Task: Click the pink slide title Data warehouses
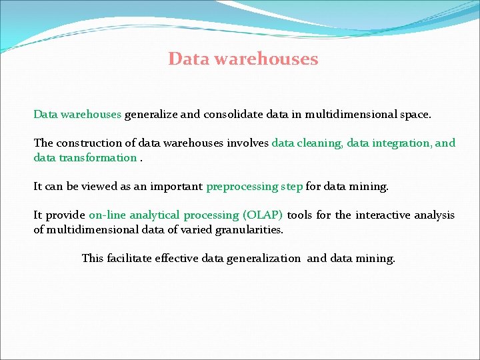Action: pos(243,59)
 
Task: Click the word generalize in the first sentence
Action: pos(151,114)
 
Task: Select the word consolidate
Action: pos(235,114)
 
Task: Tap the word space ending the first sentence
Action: pos(415,114)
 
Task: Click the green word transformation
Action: pos(98,157)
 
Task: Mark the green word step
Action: pos(291,187)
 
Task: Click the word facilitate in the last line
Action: pos(129,258)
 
